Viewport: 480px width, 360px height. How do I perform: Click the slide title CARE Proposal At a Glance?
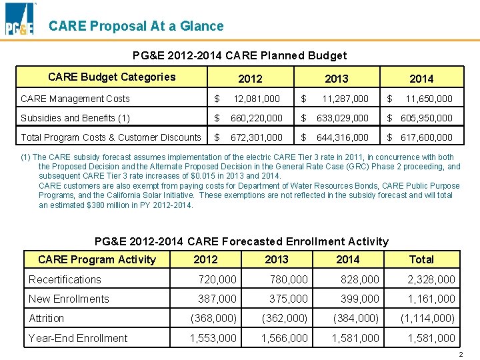pyautogui.click(x=136, y=26)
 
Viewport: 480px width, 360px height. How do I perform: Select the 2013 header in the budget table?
pyautogui.click(x=336, y=79)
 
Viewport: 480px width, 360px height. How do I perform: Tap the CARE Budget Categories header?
pyautogui.click(x=111, y=77)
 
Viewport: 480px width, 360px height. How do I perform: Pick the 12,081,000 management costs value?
pyautogui.click(x=255, y=99)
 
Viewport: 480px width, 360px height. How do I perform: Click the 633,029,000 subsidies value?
pyautogui.click(x=341, y=118)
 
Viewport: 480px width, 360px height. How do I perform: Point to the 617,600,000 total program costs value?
pyautogui.click(x=426, y=137)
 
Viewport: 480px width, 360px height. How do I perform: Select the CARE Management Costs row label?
pyautogui.click(x=75, y=99)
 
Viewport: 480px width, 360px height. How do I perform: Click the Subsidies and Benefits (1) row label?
pyautogui.click(x=75, y=118)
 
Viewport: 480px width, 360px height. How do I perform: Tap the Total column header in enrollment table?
pyautogui.click(x=421, y=259)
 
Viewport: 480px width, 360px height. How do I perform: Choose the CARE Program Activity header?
pyautogui.click(x=97, y=259)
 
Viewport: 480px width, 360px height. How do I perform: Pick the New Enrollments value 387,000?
pyautogui.click(x=217, y=299)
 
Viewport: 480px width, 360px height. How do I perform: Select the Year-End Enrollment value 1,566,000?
pyautogui.click(x=284, y=338)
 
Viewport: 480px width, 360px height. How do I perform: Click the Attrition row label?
pyautogui.click(x=47, y=319)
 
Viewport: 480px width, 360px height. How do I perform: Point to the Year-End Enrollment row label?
pyautogui.click(x=78, y=338)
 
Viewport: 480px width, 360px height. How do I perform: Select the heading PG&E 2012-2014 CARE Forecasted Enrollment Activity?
pyautogui.click(x=241, y=241)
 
